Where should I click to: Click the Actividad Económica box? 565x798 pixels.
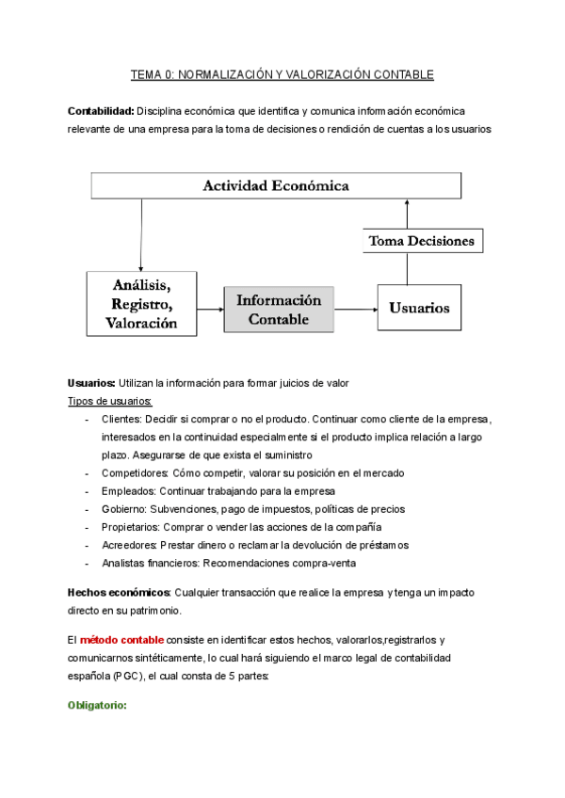coord(276,185)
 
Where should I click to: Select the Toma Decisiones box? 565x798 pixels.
coord(422,241)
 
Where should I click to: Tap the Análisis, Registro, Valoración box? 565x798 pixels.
coord(144,303)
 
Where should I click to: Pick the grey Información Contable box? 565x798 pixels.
coord(279,309)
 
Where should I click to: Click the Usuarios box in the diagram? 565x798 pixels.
coord(419,308)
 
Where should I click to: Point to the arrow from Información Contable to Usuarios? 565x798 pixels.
coord(356,309)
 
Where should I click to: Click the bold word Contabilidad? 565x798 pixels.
coord(101,111)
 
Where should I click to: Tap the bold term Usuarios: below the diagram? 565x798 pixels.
coord(91,383)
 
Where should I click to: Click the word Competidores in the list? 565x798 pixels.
coord(135,472)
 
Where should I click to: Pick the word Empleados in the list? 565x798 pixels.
coord(128,490)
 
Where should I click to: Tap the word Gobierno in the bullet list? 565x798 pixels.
coord(123,509)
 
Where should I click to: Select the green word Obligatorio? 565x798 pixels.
coord(97,705)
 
